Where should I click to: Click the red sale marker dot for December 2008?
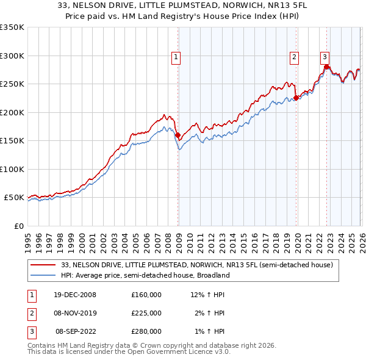(x=178, y=135)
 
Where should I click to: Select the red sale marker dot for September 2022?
(x=326, y=67)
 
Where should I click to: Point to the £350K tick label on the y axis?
(x=12, y=27)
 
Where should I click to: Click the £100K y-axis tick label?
(x=12, y=169)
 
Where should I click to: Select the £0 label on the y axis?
(x=18, y=226)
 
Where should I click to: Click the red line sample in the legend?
(x=44, y=265)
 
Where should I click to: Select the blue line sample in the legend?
(x=44, y=275)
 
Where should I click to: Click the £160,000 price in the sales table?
(x=146, y=295)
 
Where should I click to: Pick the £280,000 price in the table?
(x=146, y=331)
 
